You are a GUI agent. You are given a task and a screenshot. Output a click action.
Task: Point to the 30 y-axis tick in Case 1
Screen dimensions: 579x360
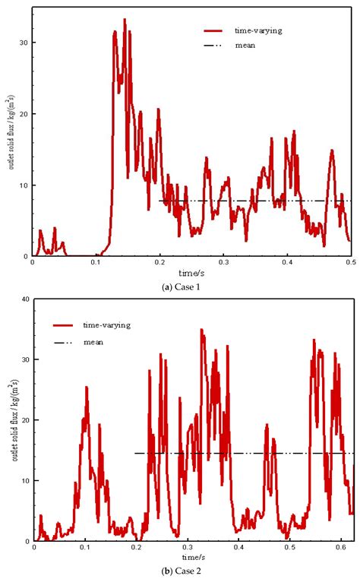(24, 43)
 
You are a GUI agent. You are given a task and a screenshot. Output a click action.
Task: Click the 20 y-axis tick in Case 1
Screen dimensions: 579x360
(24, 114)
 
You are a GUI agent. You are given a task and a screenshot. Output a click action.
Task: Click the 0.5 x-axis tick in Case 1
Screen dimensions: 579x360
(349, 263)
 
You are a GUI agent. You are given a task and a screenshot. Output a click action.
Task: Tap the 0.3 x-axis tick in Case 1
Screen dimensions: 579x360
(222, 263)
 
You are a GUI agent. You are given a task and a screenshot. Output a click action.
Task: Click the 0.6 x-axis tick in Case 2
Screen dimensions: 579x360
(340, 548)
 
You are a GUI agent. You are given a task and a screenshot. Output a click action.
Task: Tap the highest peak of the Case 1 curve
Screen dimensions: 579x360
(125, 20)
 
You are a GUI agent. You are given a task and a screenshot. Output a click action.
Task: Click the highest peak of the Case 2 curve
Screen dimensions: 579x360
(201, 330)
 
